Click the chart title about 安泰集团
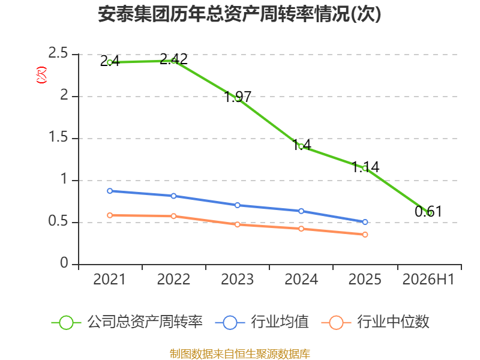click(239, 14)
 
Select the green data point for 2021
click(110, 62)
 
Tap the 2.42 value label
click(173, 59)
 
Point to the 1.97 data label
click(238, 97)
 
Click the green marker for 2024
click(301, 146)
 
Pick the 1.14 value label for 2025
click(365, 167)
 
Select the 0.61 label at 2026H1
click(428, 212)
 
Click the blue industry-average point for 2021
click(110, 191)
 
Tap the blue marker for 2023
click(238, 205)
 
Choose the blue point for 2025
click(365, 222)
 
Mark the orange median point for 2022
click(173, 216)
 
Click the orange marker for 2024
click(301, 229)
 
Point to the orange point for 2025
click(365, 235)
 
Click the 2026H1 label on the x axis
click(428, 279)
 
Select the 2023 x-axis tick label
click(238, 279)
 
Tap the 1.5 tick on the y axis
click(58, 137)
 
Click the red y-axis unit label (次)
click(41, 75)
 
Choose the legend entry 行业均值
click(262, 322)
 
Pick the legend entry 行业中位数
click(376, 322)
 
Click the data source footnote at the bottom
click(240, 353)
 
